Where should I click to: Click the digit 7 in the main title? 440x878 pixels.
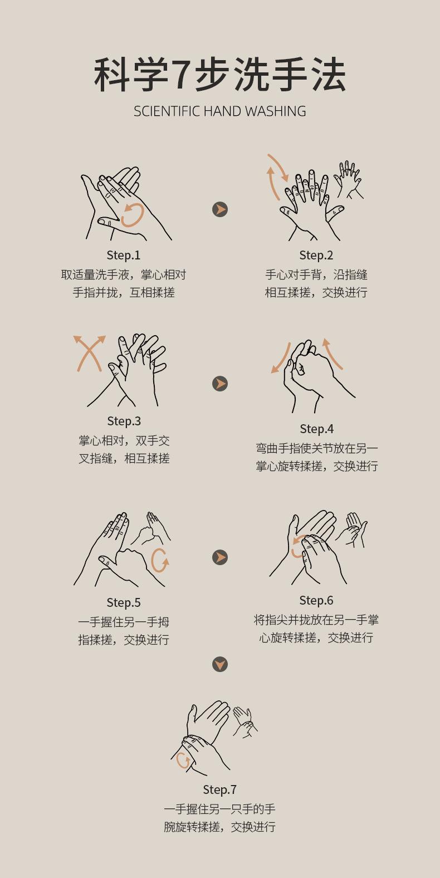pyautogui.click(x=182, y=75)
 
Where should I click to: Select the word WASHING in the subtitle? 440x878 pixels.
pyautogui.click(x=276, y=111)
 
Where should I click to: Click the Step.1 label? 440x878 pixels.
pyautogui.click(x=124, y=255)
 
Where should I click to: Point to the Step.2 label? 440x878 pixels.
pyautogui.click(x=316, y=255)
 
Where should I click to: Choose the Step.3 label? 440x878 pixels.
pyautogui.click(x=124, y=421)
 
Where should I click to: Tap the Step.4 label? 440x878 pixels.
pyautogui.click(x=316, y=429)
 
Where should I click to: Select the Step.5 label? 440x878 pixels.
pyautogui.click(x=124, y=602)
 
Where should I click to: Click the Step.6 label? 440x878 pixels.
pyautogui.click(x=316, y=600)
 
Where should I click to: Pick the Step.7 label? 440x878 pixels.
pyautogui.click(x=219, y=789)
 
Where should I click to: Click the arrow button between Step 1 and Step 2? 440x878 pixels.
pyautogui.click(x=220, y=210)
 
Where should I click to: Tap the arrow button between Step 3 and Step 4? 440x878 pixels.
pyautogui.click(x=220, y=384)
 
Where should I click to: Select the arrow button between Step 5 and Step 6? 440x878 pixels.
pyautogui.click(x=220, y=557)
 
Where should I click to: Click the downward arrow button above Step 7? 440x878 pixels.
pyautogui.click(x=220, y=664)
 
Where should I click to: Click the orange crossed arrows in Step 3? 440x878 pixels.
pyautogui.click(x=90, y=352)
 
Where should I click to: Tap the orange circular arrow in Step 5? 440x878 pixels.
pyautogui.click(x=153, y=561)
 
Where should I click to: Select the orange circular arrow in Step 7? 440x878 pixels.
pyautogui.click(x=178, y=761)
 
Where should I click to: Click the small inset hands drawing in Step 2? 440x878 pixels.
pyautogui.click(x=348, y=179)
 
